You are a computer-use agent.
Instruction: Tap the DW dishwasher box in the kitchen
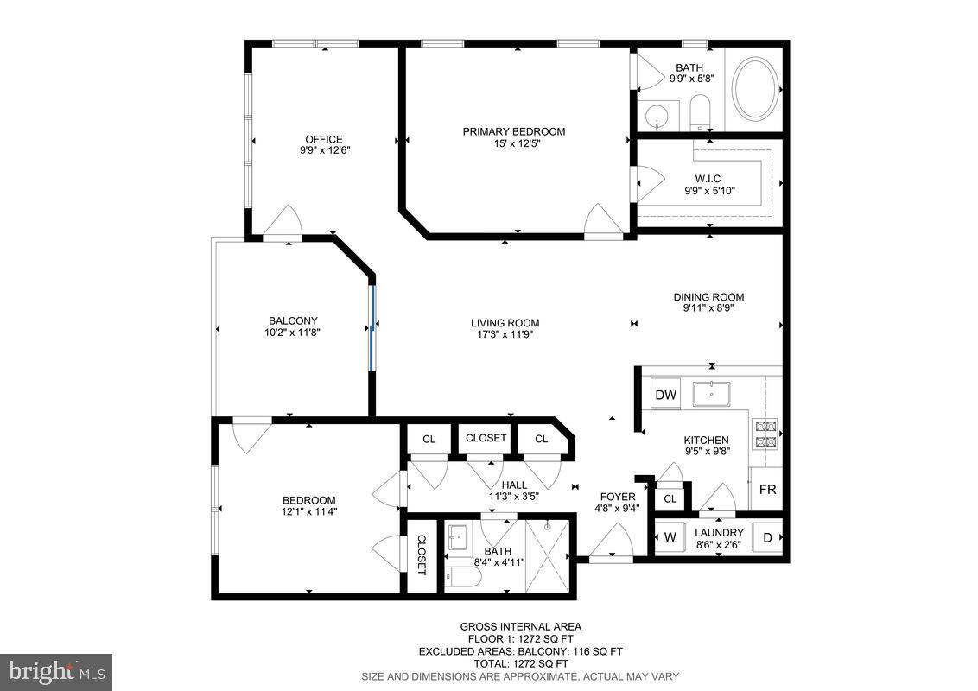click(x=665, y=395)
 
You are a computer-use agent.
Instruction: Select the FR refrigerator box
click(x=767, y=490)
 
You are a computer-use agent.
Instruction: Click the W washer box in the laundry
click(x=670, y=537)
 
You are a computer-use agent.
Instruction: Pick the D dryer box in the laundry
click(x=767, y=537)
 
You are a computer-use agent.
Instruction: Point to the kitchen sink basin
click(x=711, y=393)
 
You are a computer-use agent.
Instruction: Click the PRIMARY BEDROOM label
click(x=514, y=132)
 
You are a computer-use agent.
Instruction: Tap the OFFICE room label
click(x=324, y=139)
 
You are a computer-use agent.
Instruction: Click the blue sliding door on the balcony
click(x=373, y=326)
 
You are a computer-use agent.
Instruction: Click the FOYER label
click(x=618, y=497)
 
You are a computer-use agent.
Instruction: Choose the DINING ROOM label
click(x=708, y=297)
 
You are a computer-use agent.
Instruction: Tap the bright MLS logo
click(x=56, y=672)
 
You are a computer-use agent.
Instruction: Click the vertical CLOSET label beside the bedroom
click(x=422, y=555)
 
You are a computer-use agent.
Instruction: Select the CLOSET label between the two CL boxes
click(x=486, y=438)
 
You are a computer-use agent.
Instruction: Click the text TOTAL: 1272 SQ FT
click(x=520, y=663)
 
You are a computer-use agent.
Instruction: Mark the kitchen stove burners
click(x=765, y=433)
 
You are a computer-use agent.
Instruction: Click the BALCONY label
click(x=293, y=320)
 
